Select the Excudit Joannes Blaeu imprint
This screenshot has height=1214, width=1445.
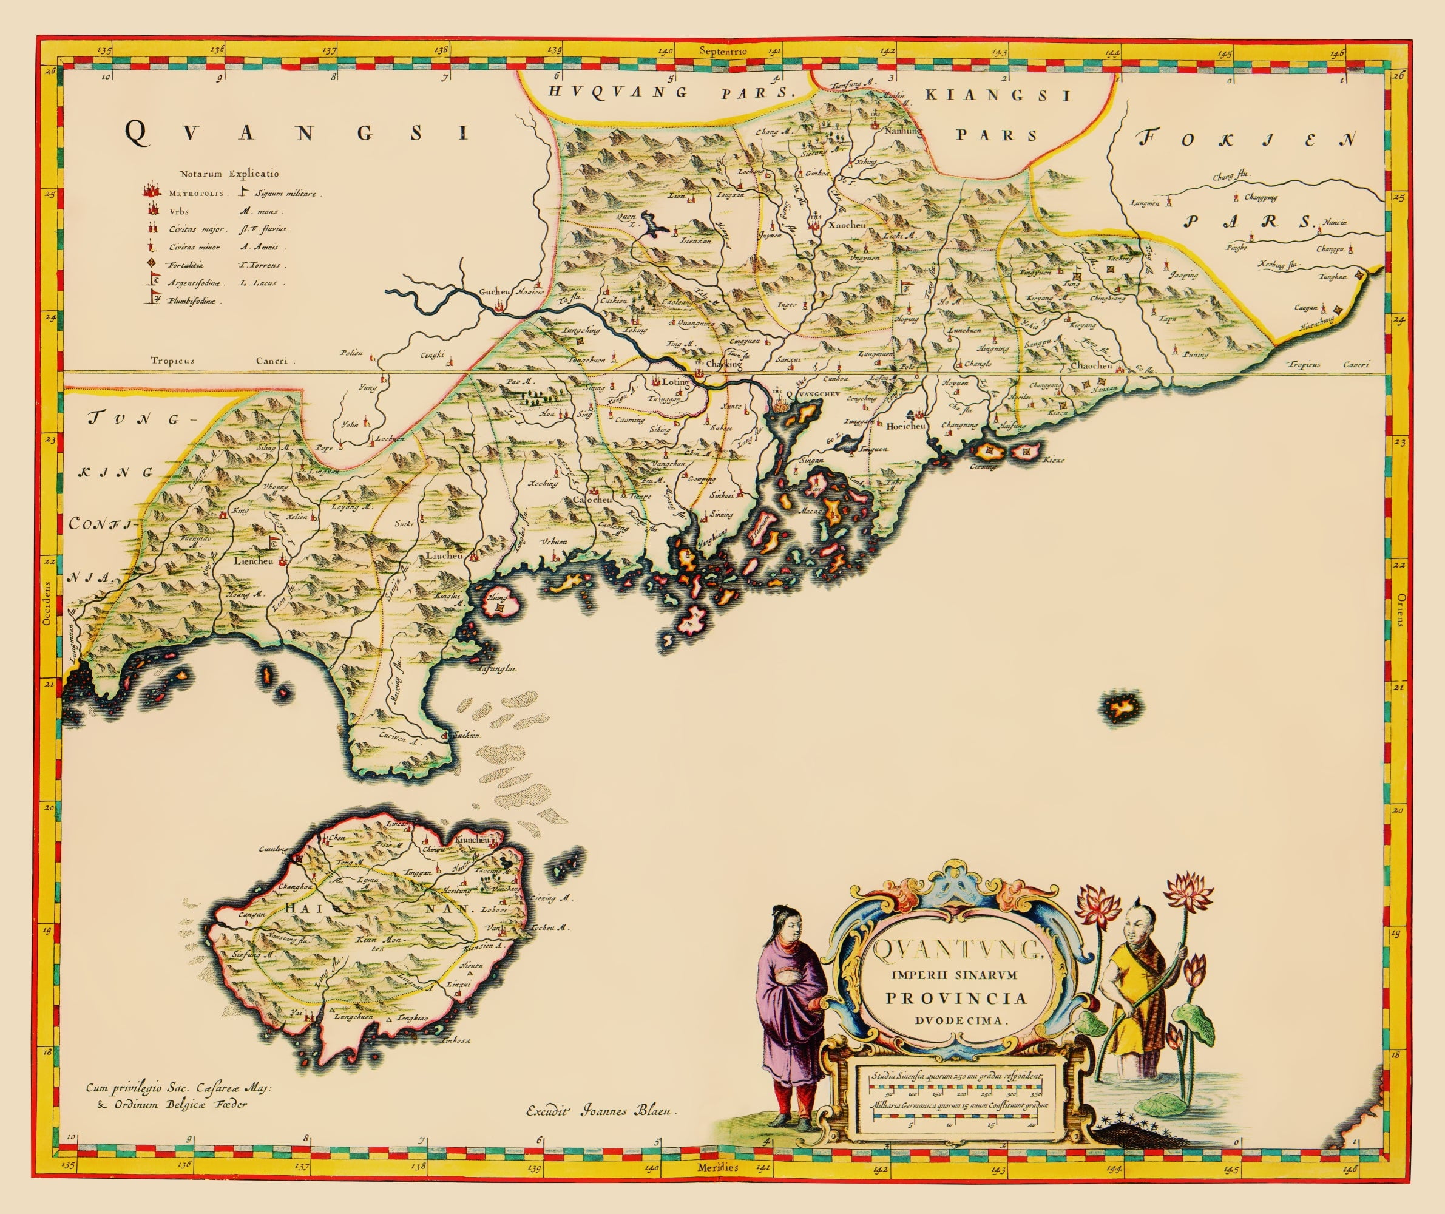(601, 1110)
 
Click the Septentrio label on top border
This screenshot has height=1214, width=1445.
(718, 50)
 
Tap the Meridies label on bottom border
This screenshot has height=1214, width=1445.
(718, 1167)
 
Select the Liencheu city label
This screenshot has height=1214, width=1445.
(254, 561)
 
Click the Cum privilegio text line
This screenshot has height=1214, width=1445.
(179, 1088)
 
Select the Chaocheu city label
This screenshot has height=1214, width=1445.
(1091, 365)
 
